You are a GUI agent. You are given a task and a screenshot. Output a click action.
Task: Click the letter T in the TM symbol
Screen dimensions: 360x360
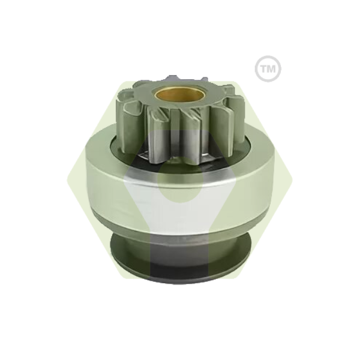pos(263,68)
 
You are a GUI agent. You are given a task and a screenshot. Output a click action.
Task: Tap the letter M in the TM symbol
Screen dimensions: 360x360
pos(271,68)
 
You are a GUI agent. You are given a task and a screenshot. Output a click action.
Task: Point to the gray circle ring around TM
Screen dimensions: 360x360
pos(268,56)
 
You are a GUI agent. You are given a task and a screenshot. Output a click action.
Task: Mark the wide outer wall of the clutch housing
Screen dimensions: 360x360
pos(181,195)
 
